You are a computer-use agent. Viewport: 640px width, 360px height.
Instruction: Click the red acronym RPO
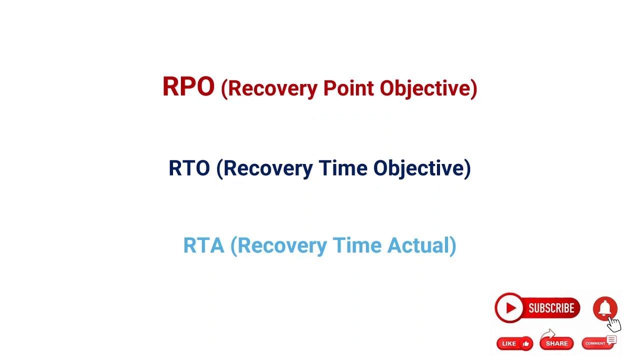click(188, 87)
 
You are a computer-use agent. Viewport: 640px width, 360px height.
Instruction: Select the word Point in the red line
click(348, 88)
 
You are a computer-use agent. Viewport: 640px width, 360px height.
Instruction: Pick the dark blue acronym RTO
click(189, 168)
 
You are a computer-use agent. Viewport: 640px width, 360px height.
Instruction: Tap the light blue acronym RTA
click(203, 245)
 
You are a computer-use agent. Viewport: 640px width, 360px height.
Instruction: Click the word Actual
click(419, 245)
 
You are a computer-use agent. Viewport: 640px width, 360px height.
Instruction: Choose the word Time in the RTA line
click(357, 245)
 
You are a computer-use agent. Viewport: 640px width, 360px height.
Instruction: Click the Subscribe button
click(537, 308)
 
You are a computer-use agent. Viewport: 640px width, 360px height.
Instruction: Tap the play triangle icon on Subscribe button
click(509, 308)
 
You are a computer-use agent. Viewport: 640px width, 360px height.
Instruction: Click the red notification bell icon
click(605, 308)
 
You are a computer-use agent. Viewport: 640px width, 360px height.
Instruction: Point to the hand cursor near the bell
click(614, 324)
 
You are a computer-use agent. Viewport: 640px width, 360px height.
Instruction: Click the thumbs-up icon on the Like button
click(525, 343)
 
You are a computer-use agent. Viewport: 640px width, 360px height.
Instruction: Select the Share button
click(556, 343)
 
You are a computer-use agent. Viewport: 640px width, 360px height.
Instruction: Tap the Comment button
click(597, 343)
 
